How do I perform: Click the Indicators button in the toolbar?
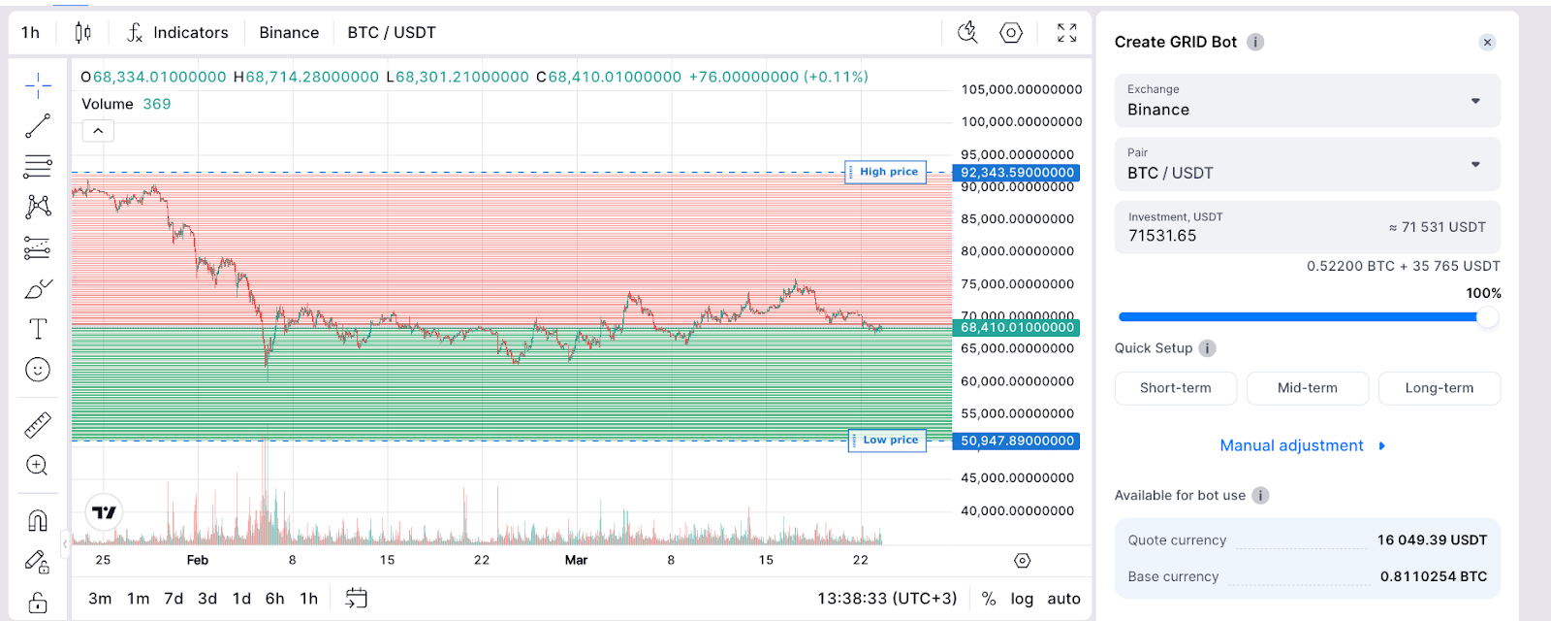click(x=178, y=33)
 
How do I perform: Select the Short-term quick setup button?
click(x=1175, y=388)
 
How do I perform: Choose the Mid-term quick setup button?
click(x=1307, y=388)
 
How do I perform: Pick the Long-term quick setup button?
click(x=1439, y=388)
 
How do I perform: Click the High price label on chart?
click(x=887, y=172)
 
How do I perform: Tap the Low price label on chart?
click(x=889, y=441)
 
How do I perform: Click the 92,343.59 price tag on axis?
click(x=1017, y=173)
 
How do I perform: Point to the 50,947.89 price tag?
click(x=1017, y=441)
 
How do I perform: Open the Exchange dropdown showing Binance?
click(x=1307, y=101)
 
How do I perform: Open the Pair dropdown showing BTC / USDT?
click(x=1307, y=164)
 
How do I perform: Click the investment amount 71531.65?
click(x=1162, y=236)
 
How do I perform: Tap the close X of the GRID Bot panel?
click(x=1487, y=42)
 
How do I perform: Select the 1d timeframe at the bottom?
click(x=241, y=599)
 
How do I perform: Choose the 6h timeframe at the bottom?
click(x=275, y=599)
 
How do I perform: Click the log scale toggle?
click(x=1022, y=599)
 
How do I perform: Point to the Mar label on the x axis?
click(x=576, y=560)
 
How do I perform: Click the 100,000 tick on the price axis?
click(x=1021, y=121)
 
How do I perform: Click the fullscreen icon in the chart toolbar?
click(x=1066, y=33)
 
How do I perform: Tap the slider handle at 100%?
click(x=1486, y=317)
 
